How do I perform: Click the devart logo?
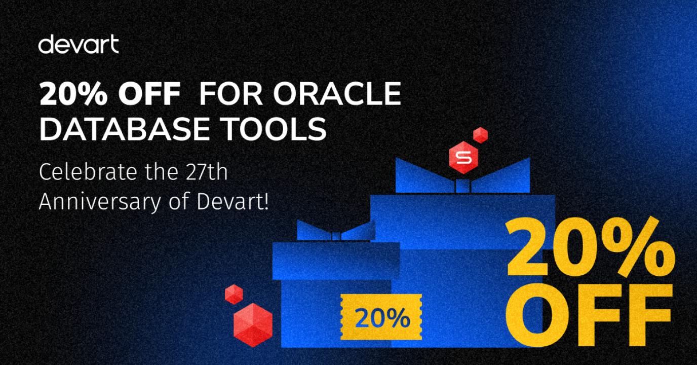(79, 44)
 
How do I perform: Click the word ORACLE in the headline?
(337, 93)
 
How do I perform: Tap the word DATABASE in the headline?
(125, 129)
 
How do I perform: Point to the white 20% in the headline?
(73, 93)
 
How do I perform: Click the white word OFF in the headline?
(149, 93)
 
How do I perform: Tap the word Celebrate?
(88, 172)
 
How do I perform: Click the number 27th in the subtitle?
(207, 172)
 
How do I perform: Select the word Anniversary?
(100, 202)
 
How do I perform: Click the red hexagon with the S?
(463, 157)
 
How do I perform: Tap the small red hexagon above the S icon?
(480, 135)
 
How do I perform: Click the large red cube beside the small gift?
(253, 325)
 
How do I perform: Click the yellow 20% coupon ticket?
(381, 317)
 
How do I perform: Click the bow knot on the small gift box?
(336, 236)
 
